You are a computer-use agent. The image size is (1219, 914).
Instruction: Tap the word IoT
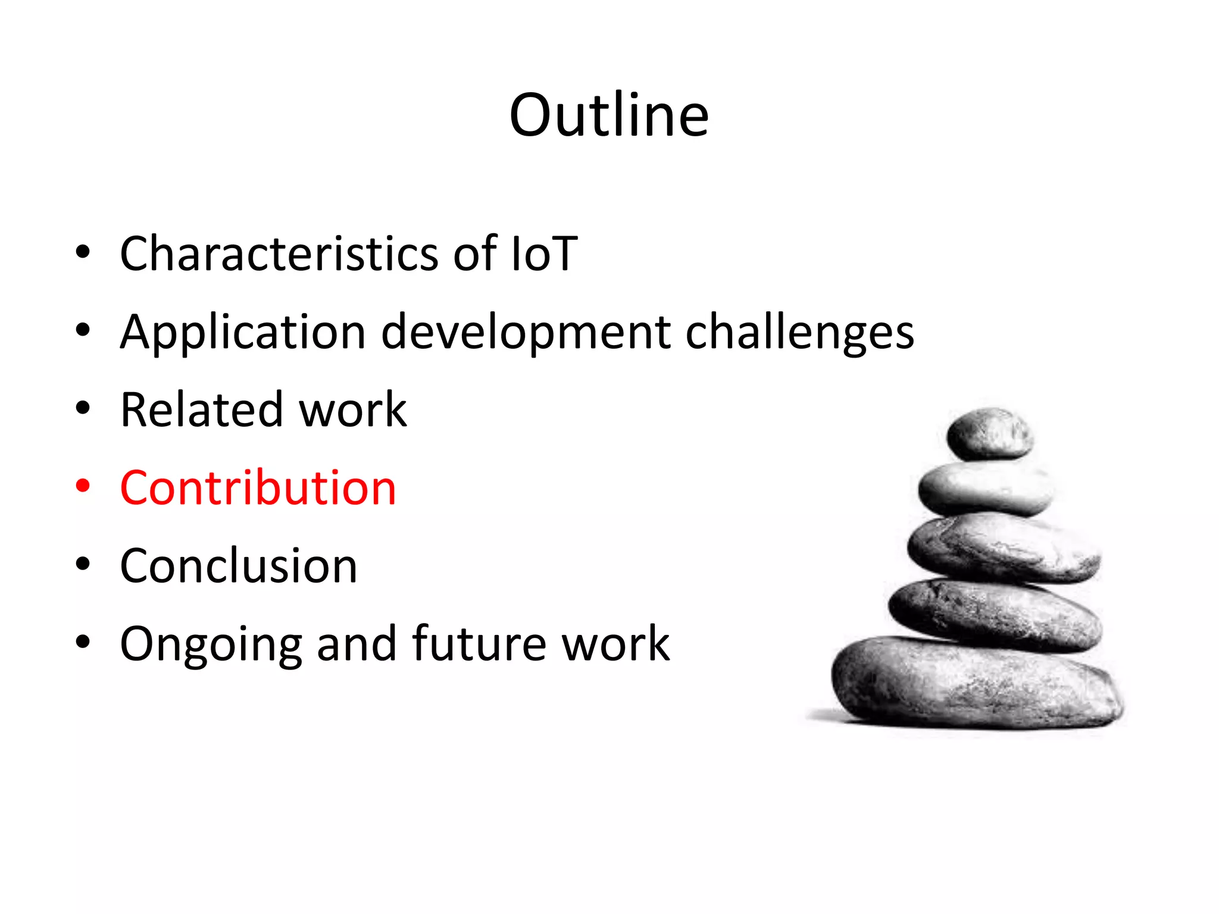tap(543, 253)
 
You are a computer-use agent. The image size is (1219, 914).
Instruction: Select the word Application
tap(243, 332)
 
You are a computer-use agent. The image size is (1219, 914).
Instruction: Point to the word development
tap(526, 332)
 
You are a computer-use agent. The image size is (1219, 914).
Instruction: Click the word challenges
tap(799, 332)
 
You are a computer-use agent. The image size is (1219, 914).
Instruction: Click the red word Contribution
tap(258, 488)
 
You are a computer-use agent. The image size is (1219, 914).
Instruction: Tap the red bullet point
tap(83, 486)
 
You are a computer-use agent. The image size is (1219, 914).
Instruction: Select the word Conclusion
tap(238, 566)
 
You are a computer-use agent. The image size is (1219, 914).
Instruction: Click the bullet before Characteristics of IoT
tap(83, 252)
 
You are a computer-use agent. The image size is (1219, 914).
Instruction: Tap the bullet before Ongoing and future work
tap(83, 642)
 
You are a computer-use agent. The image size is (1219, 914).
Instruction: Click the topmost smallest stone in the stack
tap(990, 434)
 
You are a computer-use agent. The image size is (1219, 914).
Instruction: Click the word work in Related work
tap(352, 410)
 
